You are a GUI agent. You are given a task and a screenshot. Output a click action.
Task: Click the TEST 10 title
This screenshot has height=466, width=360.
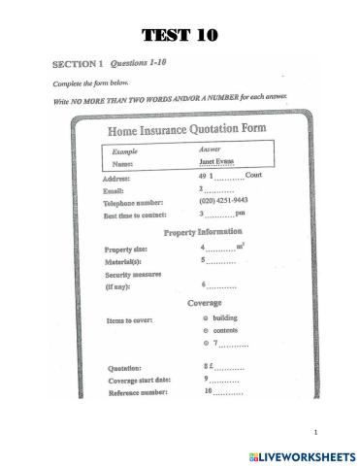(180, 37)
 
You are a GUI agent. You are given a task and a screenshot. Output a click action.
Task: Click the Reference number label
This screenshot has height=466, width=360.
(137, 393)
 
